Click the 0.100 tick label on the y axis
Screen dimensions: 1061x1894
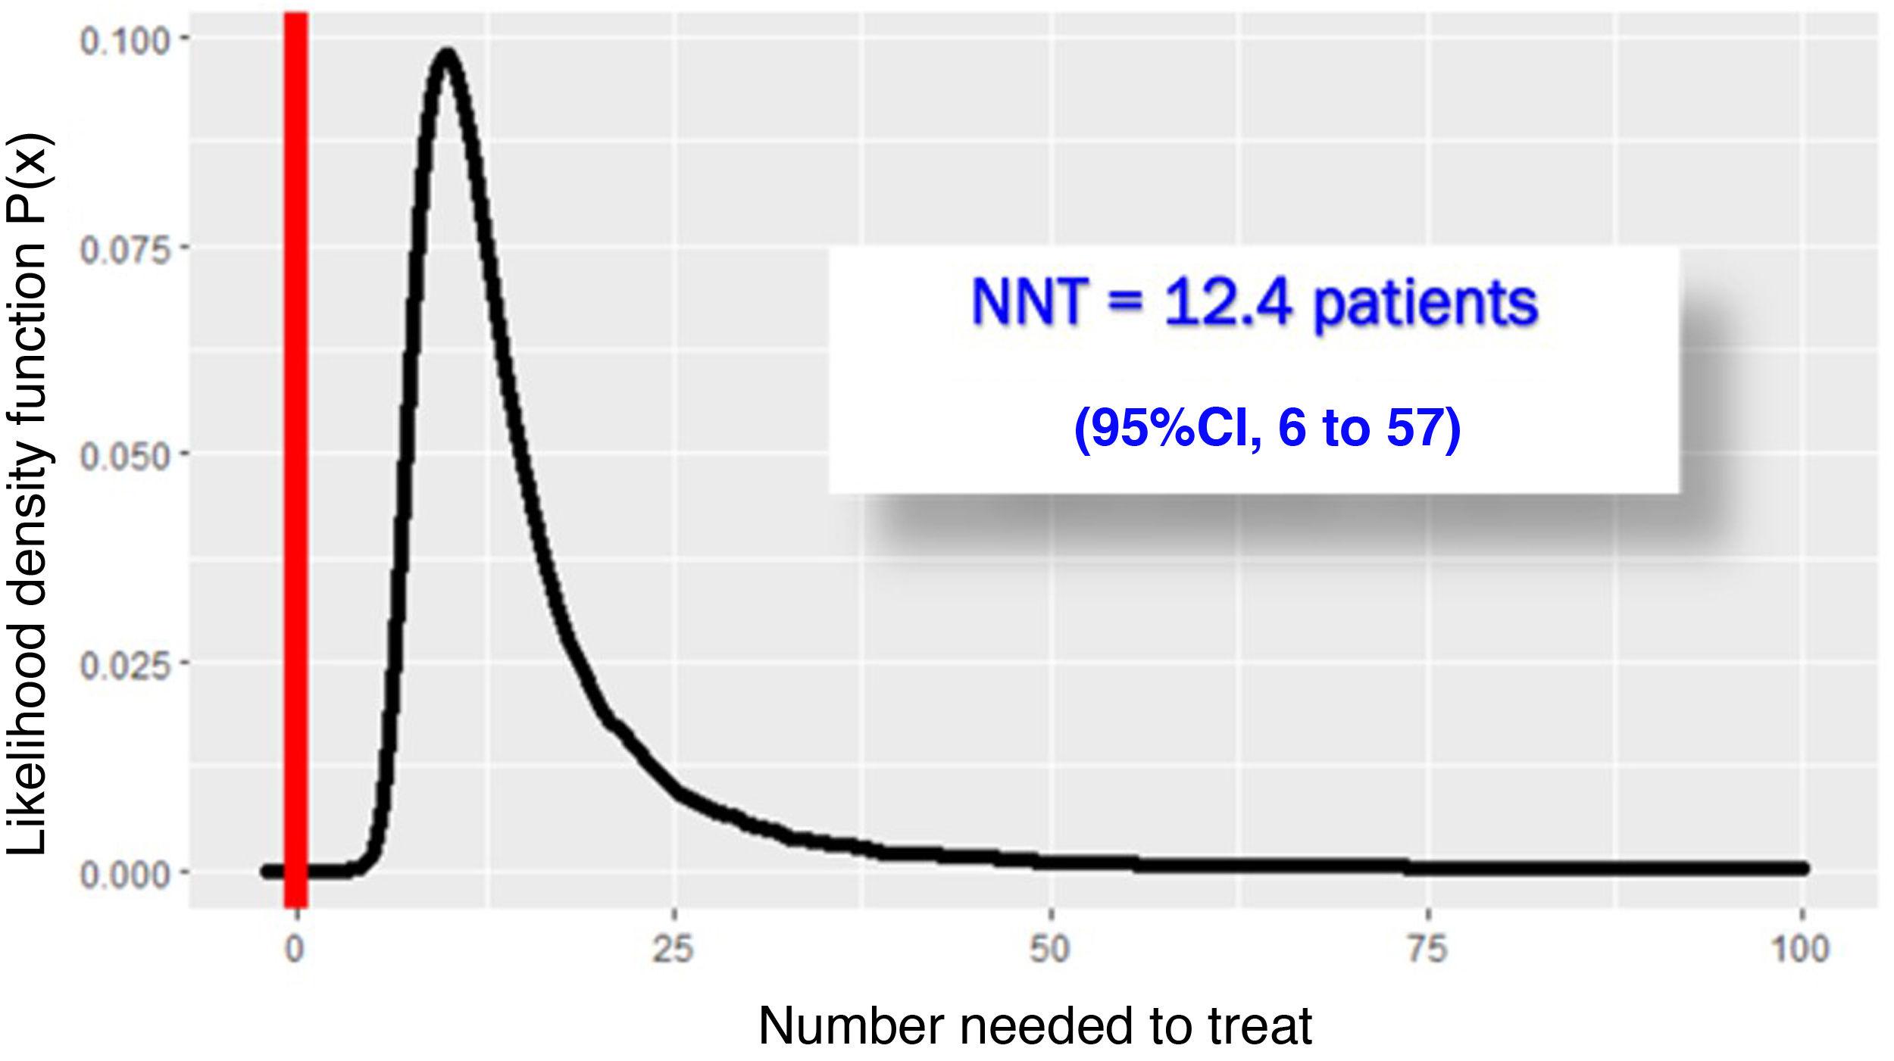click(124, 41)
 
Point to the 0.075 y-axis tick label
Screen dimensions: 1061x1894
click(124, 250)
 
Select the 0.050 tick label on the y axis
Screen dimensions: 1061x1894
click(124, 458)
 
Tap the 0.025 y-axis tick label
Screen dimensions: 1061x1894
click(124, 666)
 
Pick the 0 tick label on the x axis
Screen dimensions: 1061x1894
click(295, 950)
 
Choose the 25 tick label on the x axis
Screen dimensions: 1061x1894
click(673, 950)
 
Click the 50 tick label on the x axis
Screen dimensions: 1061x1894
click(1049, 950)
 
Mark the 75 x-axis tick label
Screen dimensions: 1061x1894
click(1427, 950)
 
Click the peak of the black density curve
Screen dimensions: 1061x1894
click(448, 55)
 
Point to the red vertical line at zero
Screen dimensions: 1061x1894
click(295, 454)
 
